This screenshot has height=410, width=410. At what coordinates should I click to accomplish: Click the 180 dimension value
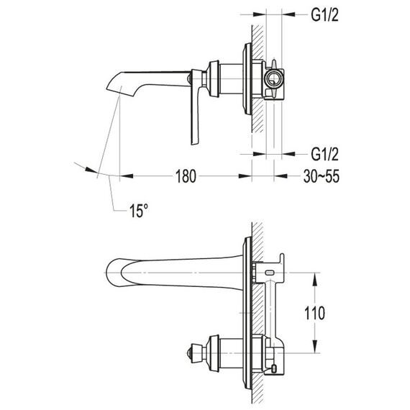[x=186, y=176]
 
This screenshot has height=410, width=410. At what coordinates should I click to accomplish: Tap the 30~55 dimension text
[x=322, y=176]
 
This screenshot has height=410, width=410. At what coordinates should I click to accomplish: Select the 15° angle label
[x=138, y=211]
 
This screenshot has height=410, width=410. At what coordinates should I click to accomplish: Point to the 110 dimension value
[x=314, y=313]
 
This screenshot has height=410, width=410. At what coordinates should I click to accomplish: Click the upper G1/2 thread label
[x=324, y=14]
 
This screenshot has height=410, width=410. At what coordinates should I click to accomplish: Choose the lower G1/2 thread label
[x=324, y=154]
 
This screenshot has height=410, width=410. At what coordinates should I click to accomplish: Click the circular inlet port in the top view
[x=273, y=78]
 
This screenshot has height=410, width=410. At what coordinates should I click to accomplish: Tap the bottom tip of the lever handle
[x=193, y=144]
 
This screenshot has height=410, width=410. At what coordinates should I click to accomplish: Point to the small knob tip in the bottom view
[x=189, y=353]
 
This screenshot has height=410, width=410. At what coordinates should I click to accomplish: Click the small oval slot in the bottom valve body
[x=269, y=273]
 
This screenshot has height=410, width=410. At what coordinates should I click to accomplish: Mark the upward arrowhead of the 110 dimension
[x=315, y=279]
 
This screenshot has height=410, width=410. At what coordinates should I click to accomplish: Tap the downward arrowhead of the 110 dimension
[x=315, y=347]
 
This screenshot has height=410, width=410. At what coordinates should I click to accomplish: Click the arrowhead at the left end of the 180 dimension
[x=126, y=176]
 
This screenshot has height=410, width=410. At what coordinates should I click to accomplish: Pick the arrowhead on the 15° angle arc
[x=91, y=170]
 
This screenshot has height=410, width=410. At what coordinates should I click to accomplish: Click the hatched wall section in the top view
[x=258, y=78]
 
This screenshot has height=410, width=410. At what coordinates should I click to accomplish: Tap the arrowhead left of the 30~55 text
[x=281, y=176]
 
